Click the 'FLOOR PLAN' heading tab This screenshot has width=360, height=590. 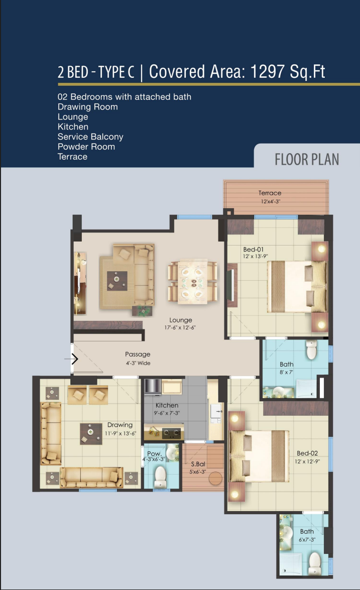click(307, 159)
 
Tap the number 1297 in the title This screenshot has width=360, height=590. click(267, 71)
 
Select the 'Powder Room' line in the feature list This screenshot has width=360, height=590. click(86, 147)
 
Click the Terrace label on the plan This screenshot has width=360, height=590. click(270, 193)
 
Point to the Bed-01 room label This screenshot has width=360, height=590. click(253, 250)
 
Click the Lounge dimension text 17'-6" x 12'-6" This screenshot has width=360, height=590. click(180, 327)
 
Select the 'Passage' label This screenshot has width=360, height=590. click(138, 354)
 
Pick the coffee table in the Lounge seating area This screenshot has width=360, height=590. click(116, 281)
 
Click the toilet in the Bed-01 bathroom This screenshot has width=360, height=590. click(311, 350)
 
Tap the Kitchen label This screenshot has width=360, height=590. click(167, 405)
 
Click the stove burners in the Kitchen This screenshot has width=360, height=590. click(171, 434)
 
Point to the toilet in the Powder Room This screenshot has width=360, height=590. click(161, 477)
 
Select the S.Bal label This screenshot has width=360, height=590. click(198, 464)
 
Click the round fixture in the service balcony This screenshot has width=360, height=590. click(215, 478)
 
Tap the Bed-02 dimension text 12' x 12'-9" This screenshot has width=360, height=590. click(307, 461)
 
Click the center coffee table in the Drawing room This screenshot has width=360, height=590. click(91, 434)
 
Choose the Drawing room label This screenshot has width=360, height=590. click(120, 425)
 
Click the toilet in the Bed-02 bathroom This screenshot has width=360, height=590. click(314, 563)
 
